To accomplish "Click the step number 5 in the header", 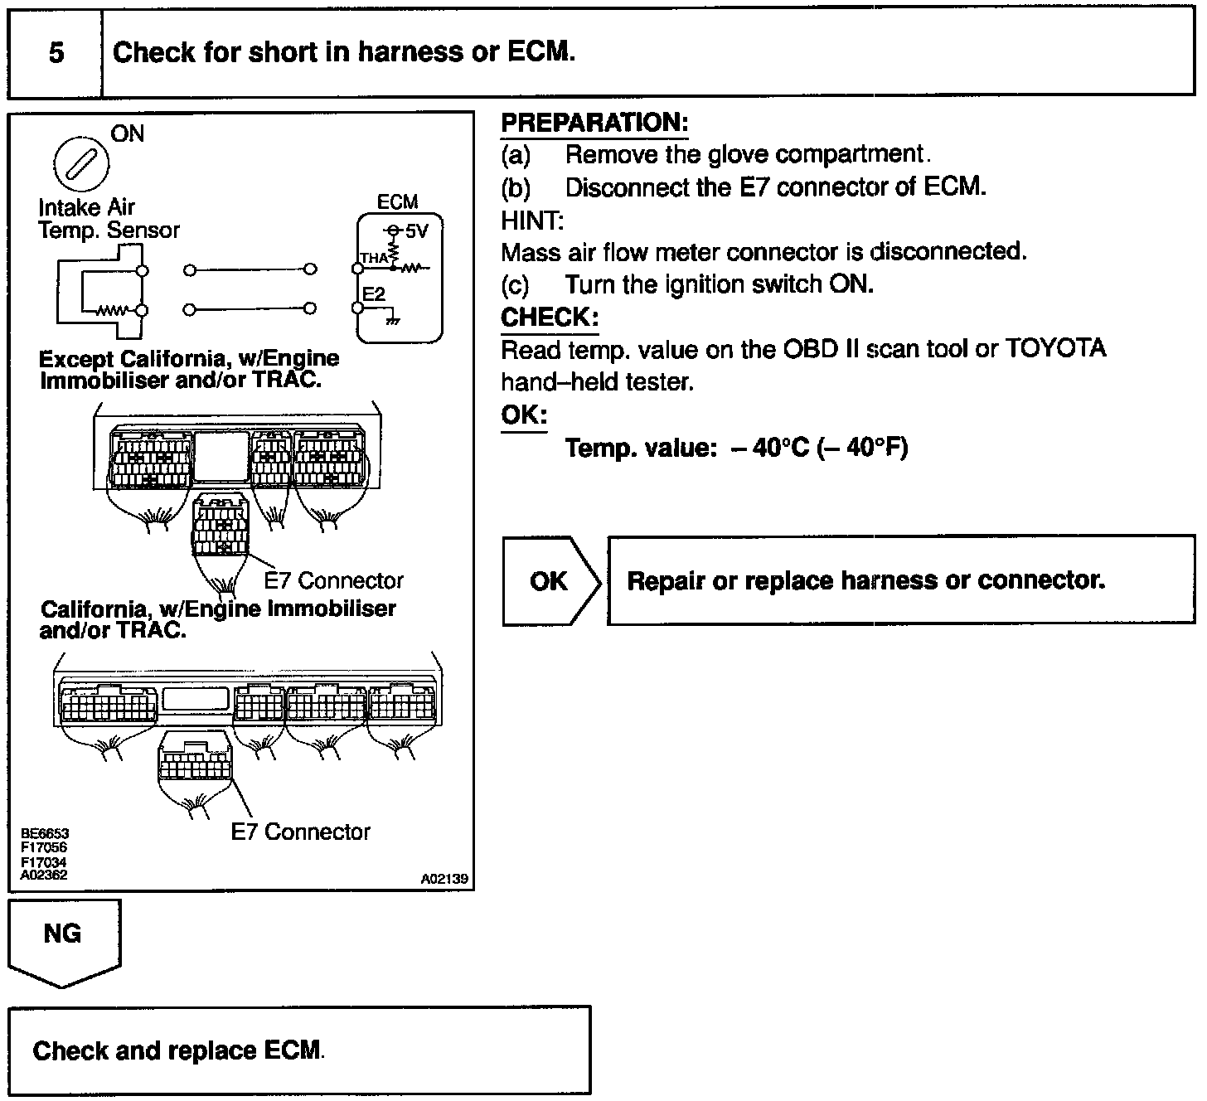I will click(56, 53).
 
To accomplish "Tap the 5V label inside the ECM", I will click(416, 231).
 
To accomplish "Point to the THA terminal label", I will click(373, 258).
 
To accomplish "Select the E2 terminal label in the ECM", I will click(374, 294).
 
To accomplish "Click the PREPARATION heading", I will click(594, 124).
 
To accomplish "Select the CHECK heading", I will click(549, 318).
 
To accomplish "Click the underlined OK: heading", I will click(524, 415).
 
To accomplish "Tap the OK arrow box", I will click(550, 581).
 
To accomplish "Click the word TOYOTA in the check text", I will click(1055, 349).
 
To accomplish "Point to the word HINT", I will click(531, 221).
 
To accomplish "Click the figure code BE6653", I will click(45, 834).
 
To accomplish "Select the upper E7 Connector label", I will click(333, 580).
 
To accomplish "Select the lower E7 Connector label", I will click(300, 832).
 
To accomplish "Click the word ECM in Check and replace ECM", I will click(292, 1051).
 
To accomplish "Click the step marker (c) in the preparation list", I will click(515, 285).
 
